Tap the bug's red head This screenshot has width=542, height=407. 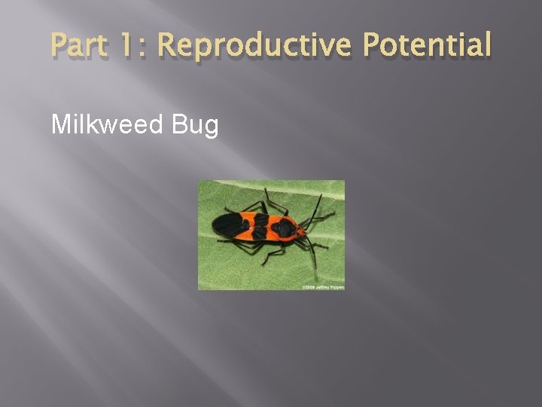pyautogui.click(x=301, y=232)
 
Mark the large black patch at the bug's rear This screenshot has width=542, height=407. pyautogui.click(x=227, y=224)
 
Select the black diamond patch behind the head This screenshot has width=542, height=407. pyautogui.click(x=285, y=228)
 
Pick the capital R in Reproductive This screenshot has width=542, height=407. pyautogui.click(x=166, y=45)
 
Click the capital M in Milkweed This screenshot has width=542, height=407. pyautogui.click(x=59, y=124)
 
